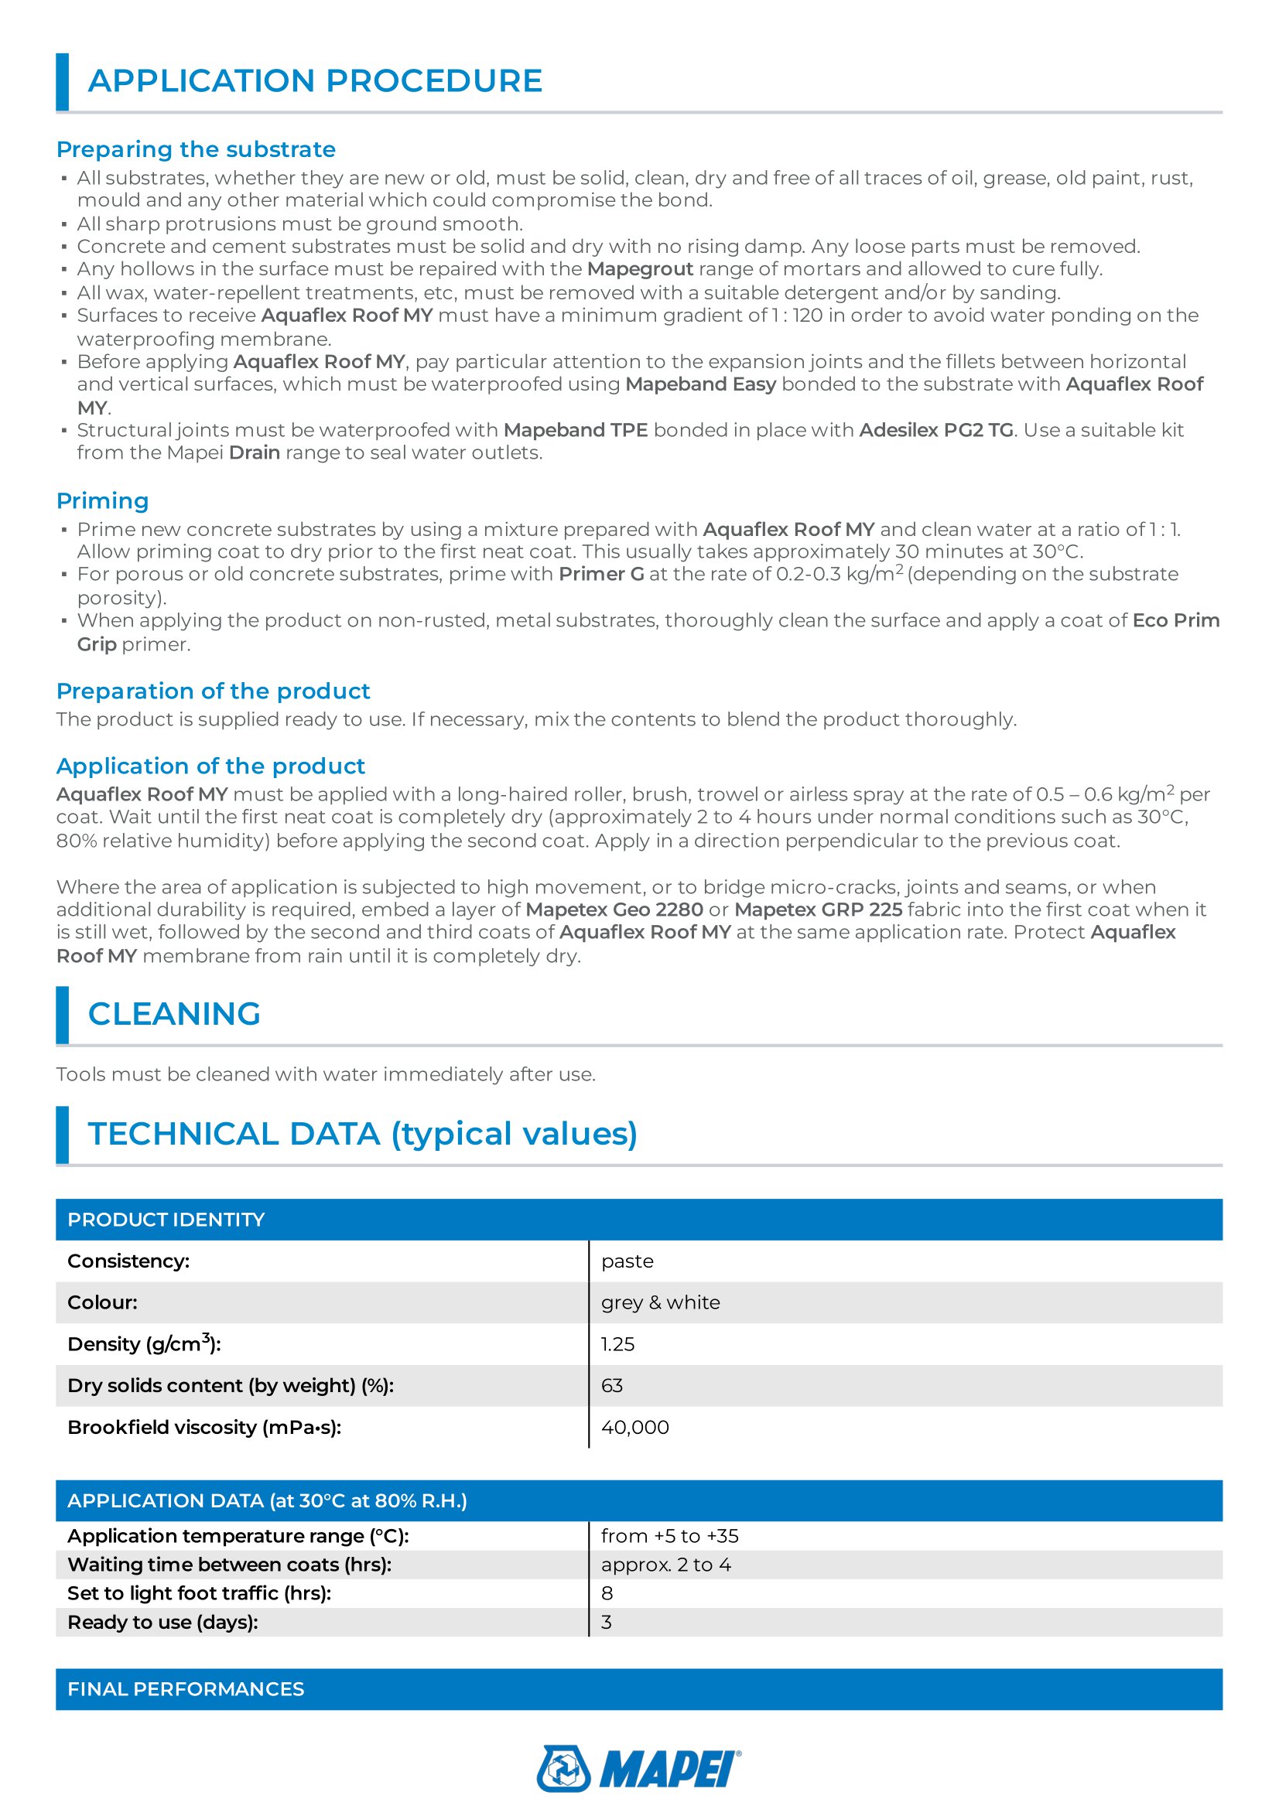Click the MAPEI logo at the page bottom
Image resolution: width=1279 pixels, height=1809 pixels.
click(638, 1768)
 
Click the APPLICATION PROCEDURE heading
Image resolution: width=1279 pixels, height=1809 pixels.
click(314, 81)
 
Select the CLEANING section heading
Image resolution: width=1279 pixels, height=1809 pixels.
click(174, 1014)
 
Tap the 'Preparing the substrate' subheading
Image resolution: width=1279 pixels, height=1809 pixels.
click(196, 149)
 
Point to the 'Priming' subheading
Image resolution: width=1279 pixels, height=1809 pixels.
click(102, 500)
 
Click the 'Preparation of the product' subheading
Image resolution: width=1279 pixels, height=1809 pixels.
click(213, 691)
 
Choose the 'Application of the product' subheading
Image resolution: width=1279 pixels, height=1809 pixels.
click(210, 766)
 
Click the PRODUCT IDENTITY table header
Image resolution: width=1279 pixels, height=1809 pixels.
click(166, 1220)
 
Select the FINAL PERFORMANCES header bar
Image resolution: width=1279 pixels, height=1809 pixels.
click(186, 1689)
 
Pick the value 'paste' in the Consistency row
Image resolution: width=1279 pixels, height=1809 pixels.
click(628, 1261)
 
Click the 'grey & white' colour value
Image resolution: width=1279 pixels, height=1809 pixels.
click(660, 1302)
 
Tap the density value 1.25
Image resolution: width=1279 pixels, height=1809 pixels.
click(617, 1344)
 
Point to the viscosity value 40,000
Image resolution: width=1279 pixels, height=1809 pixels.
click(635, 1427)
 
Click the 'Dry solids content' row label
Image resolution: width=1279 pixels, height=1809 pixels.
click(230, 1385)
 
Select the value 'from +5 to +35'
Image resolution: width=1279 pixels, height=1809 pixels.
click(670, 1536)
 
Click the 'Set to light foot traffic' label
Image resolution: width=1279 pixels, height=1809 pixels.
click(200, 1593)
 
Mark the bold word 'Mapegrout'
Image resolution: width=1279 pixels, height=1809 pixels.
click(640, 268)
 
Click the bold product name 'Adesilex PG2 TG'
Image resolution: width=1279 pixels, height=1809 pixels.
click(936, 430)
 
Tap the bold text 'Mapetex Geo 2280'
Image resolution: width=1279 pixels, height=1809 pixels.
click(614, 910)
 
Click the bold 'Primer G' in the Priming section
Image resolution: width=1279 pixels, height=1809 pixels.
click(601, 575)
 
